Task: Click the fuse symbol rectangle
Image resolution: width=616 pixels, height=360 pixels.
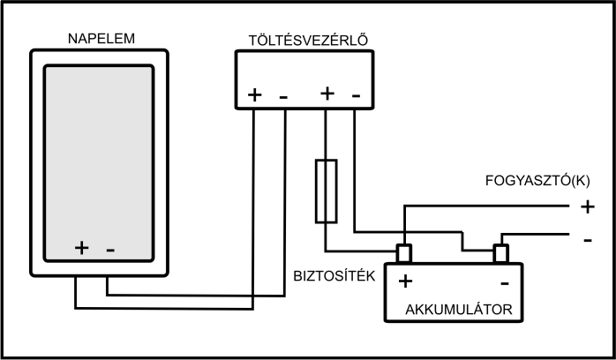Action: pos(327,191)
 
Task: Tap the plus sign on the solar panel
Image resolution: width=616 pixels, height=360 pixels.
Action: pos(81,248)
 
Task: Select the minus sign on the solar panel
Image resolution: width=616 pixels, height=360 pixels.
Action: pos(109,249)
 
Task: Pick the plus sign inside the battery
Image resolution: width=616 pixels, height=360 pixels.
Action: pos(406,282)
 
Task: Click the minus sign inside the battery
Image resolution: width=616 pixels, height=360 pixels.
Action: pos(504,283)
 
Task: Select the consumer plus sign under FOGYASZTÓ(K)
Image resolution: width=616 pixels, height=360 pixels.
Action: pos(587,207)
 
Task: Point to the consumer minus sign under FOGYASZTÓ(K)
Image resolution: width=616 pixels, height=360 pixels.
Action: pos(587,238)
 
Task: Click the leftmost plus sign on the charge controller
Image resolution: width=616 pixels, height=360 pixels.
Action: pos(255,94)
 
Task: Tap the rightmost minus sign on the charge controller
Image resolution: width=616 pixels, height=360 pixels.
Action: pos(356,93)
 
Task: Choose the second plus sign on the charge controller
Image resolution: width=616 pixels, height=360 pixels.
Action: pos(327,93)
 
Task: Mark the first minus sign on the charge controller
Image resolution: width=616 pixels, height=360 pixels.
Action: pos(283,94)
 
